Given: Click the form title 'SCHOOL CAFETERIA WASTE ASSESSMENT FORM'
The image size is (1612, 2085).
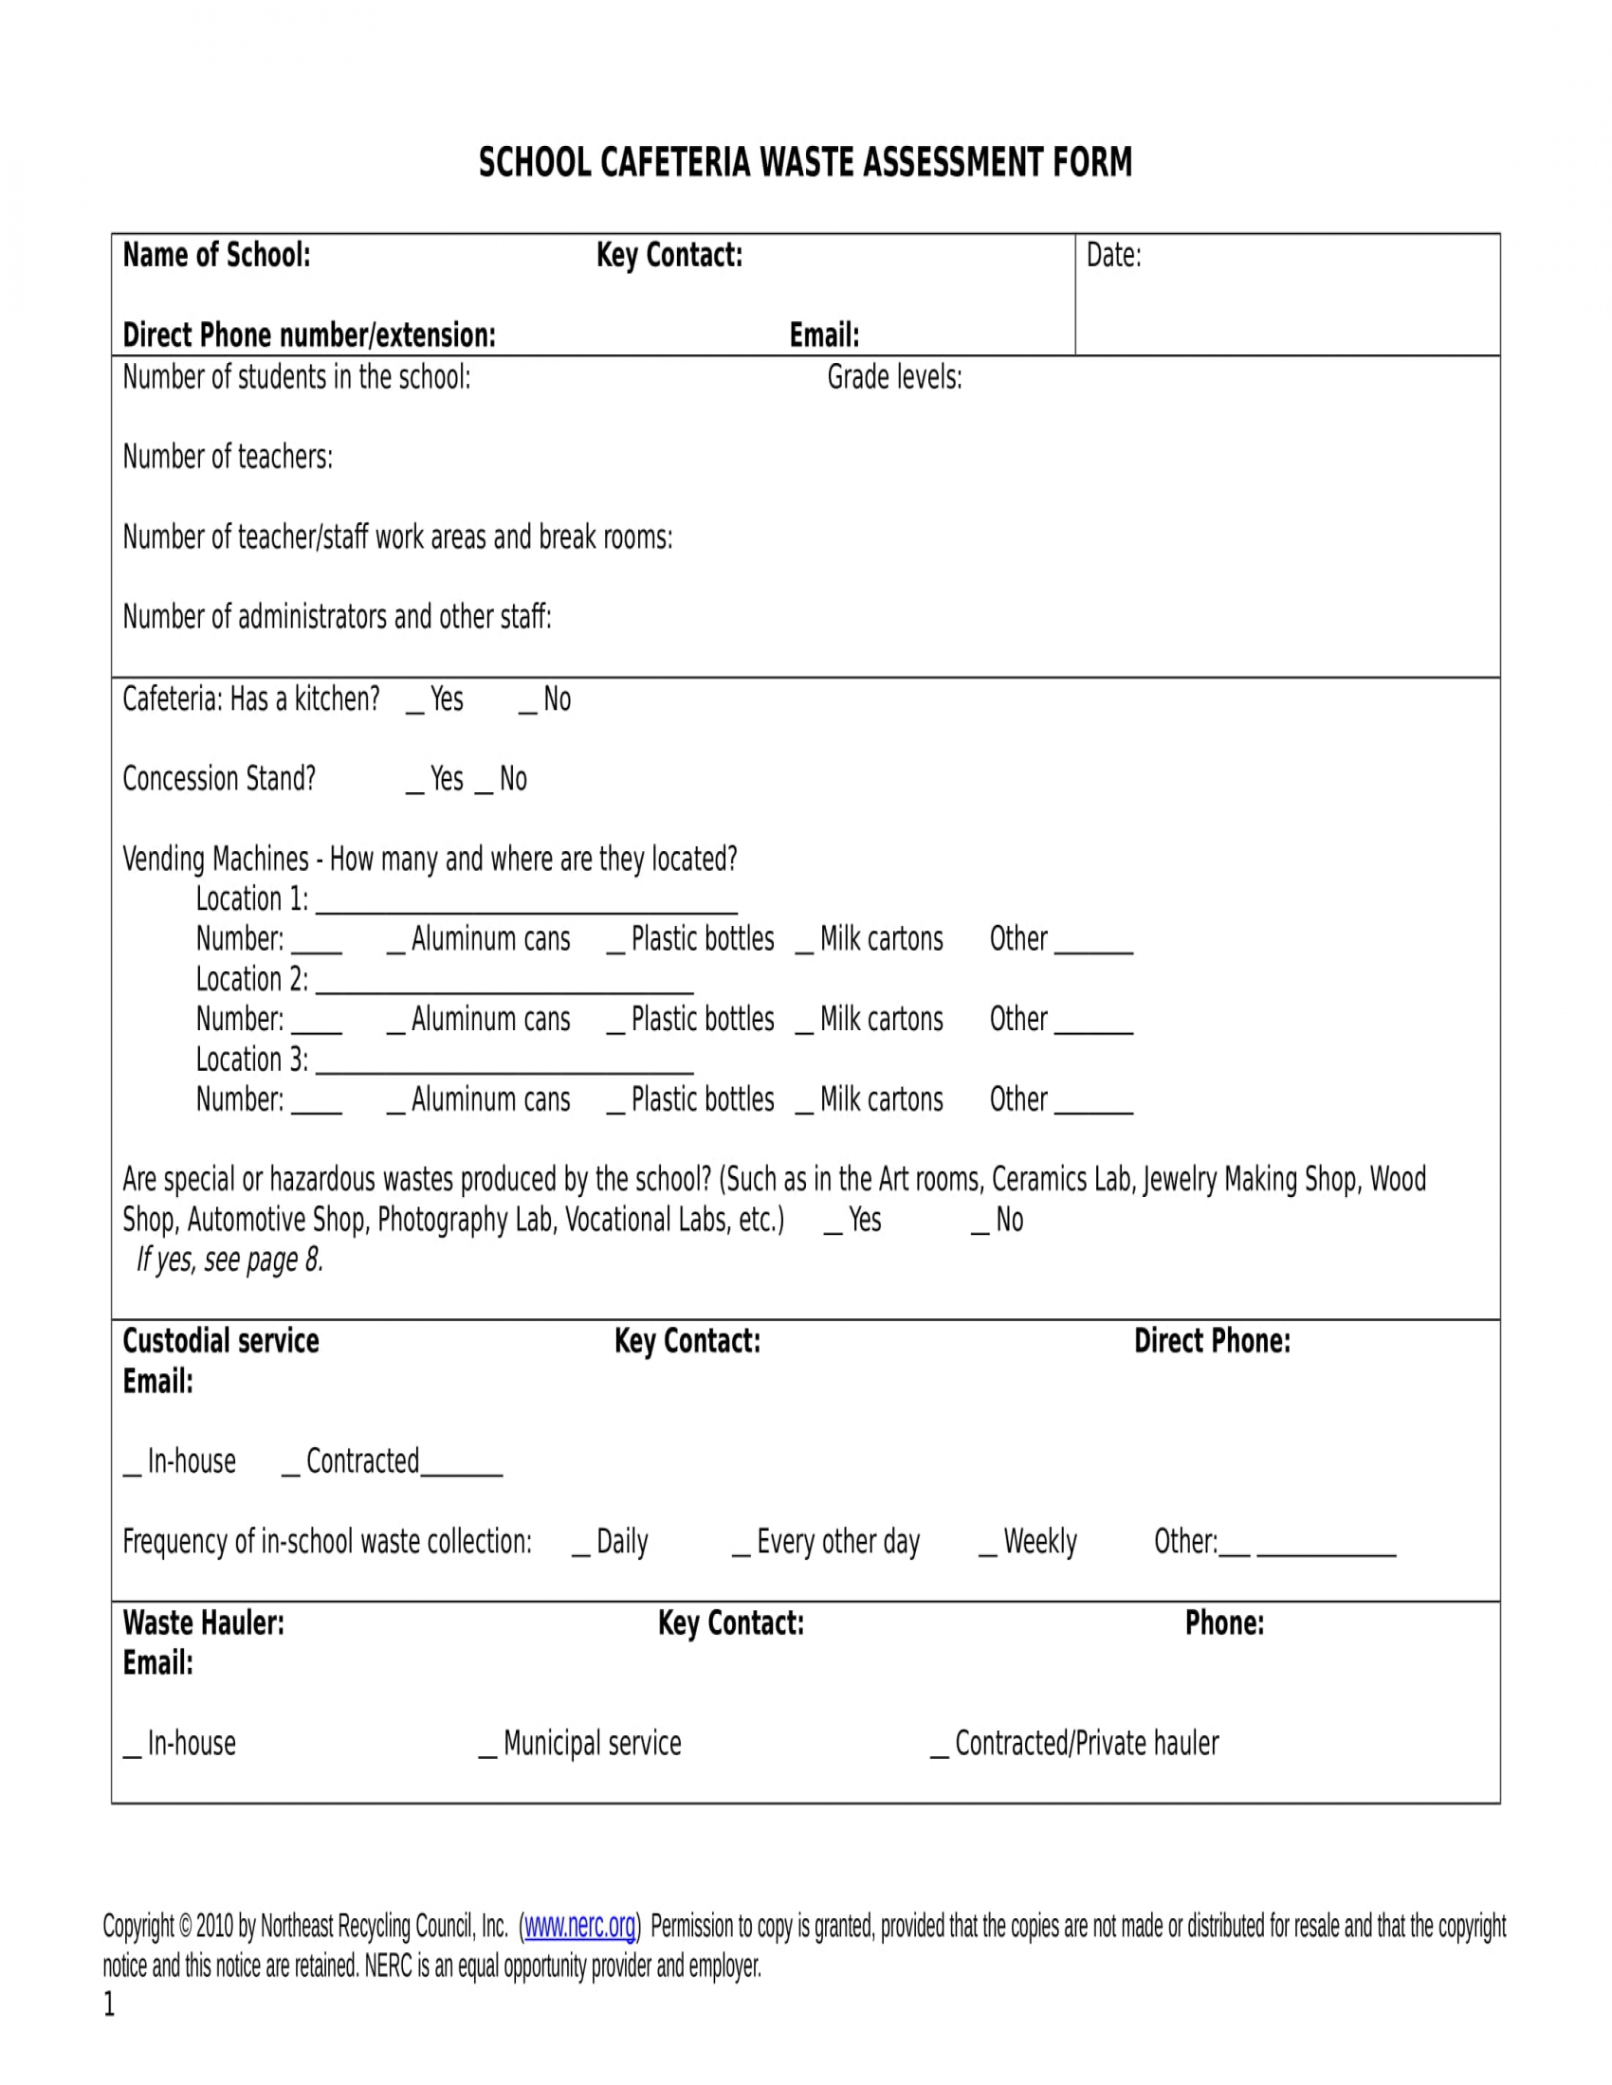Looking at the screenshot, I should pyautogui.click(x=805, y=162).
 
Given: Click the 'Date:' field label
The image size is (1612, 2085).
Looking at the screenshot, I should pyautogui.click(x=1113, y=256).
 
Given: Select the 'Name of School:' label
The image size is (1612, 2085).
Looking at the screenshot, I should pyautogui.click(x=217, y=256).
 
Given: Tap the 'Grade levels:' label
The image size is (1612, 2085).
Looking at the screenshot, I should pyautogui.click(x=894, y=378).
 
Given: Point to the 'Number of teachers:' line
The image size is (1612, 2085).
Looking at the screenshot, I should pyautogui.click(x=228, y=458).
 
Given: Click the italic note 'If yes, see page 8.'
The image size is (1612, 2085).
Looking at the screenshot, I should pyautogui.click(x=230, y=1260).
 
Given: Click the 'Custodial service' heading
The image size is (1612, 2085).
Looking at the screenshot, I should pyautogui.click(x=221, y=1340).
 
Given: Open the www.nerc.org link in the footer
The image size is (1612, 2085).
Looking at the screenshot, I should pyautogui.click(x=579, y=1926).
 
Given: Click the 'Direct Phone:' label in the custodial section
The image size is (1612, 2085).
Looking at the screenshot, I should pyautogui.click(x=1211, y=1340).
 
